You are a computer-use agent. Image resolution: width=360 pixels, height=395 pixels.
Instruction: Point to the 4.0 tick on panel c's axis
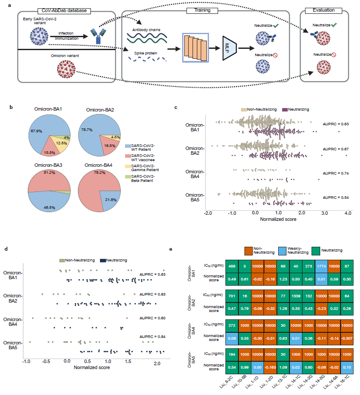pyautogui.click(x=347, y=213)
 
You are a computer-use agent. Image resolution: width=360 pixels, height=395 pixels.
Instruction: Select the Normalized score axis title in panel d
pyautogui.click(x=92, y=367)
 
